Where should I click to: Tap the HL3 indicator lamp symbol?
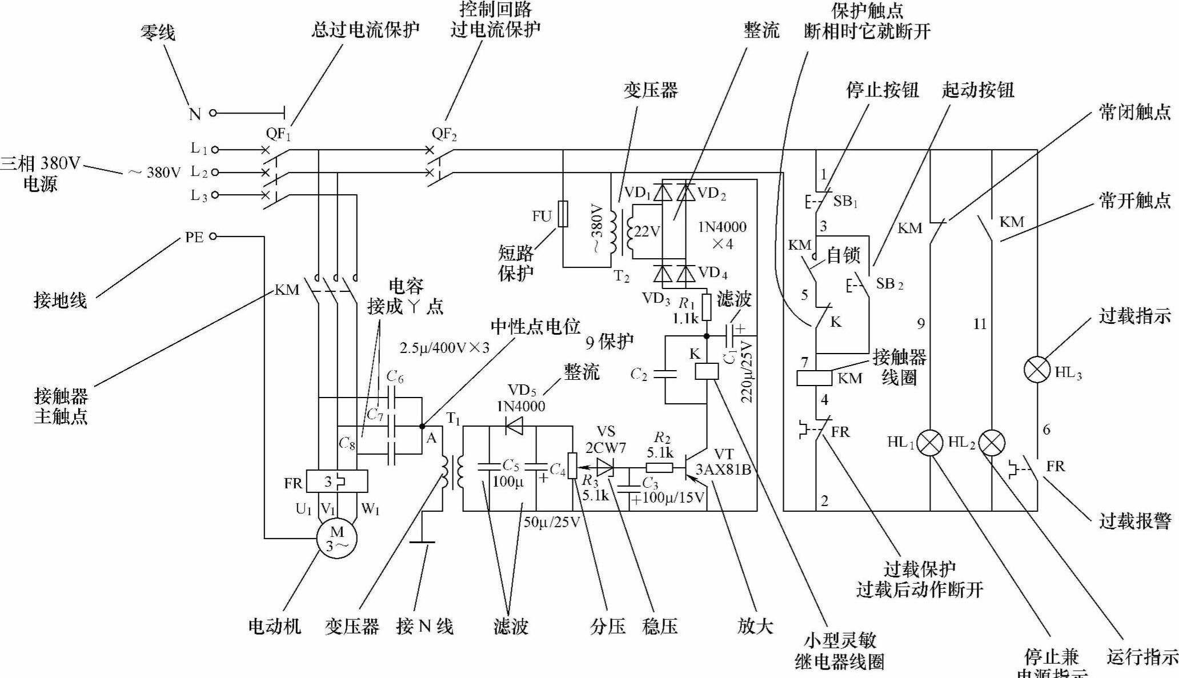coord(1037,370)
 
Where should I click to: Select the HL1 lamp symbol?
coord(931,443)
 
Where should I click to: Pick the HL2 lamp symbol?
coord(992,443)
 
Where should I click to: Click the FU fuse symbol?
coord(563,214)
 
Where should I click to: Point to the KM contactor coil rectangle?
coord(815,378)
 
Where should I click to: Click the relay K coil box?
coord(707,371)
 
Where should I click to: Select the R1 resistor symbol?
coord(707,307)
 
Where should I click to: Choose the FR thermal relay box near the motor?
coord(336,482)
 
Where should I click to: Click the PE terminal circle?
coord(213,236)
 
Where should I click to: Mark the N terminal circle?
coord(213,113)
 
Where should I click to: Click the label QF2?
coord(444,135)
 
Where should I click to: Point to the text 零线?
coord(158,33)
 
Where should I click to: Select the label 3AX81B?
coord(723,470)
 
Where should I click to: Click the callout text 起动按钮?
coord(977,90)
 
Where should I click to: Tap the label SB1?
coord(845,201)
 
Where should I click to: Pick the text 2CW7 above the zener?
coord(605,447)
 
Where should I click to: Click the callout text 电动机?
coord(274,627)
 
